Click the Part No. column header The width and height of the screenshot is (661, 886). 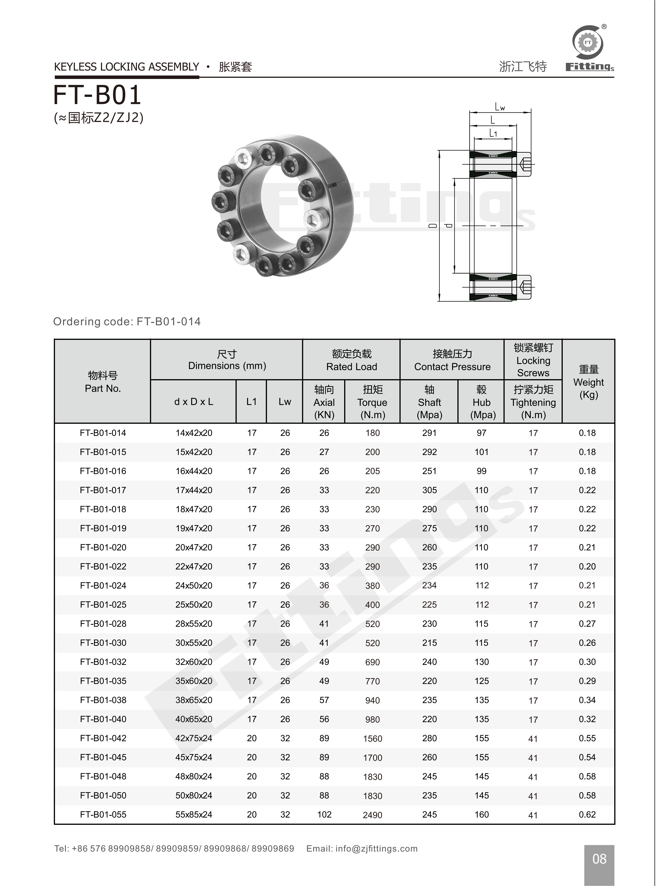[x=103, y=382]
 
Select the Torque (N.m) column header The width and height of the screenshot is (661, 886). [x=372, y=402]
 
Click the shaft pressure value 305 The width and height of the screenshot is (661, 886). [x=429, y=490]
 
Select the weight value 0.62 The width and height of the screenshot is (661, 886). [x=587, y=814]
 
